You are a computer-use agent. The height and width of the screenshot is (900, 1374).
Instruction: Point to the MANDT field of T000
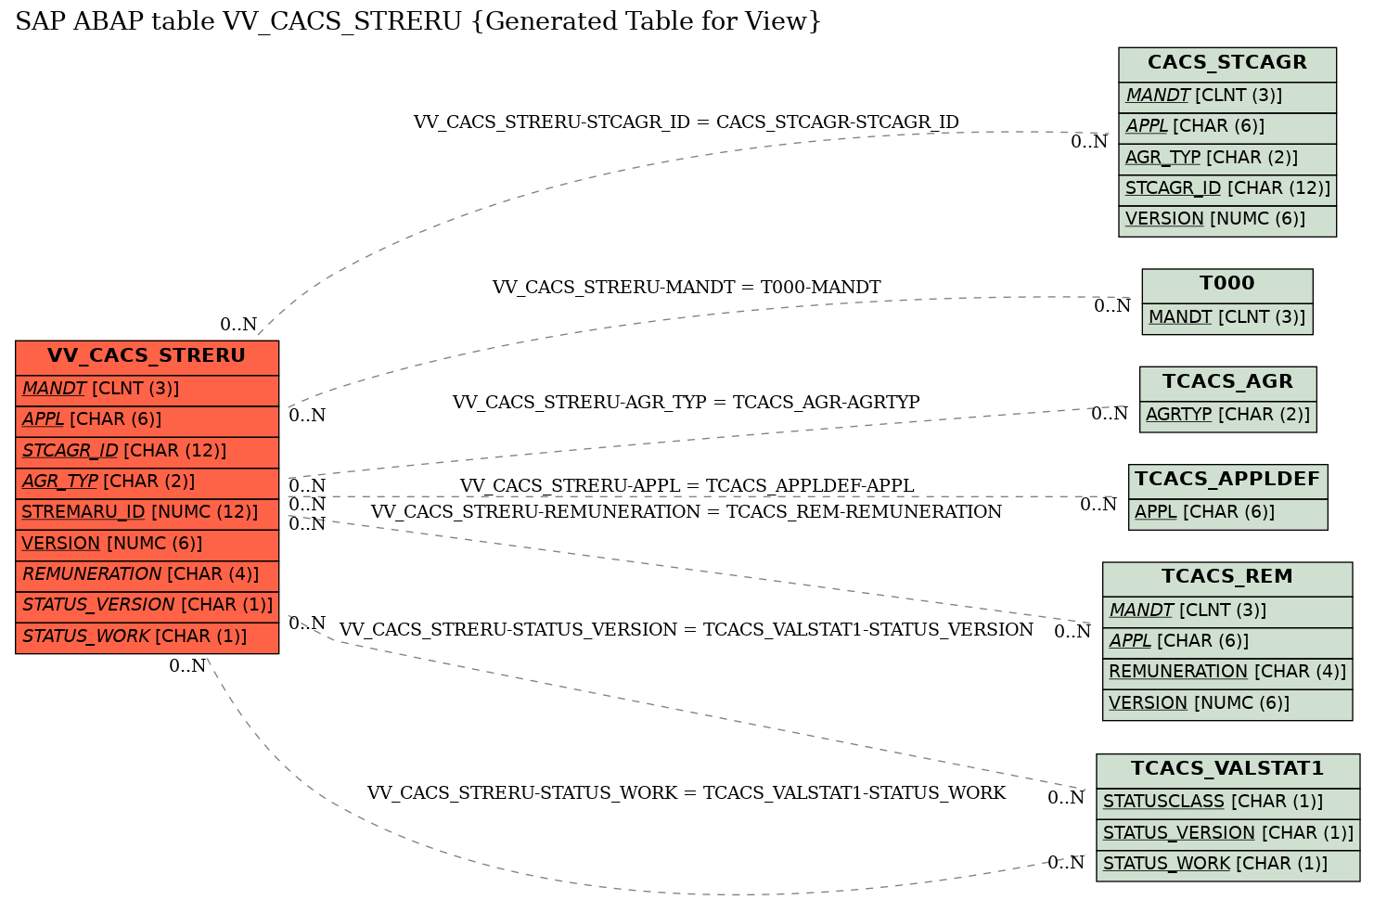click(x=1226, y=318)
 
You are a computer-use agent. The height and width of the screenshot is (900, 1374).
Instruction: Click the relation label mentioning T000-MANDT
click(x=687, y=287)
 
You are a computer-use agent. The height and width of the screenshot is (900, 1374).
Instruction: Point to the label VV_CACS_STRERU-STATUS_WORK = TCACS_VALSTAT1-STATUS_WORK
click(x=687, y=792)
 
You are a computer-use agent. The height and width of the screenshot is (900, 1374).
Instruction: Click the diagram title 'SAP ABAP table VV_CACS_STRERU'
click(x=418, y=21)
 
